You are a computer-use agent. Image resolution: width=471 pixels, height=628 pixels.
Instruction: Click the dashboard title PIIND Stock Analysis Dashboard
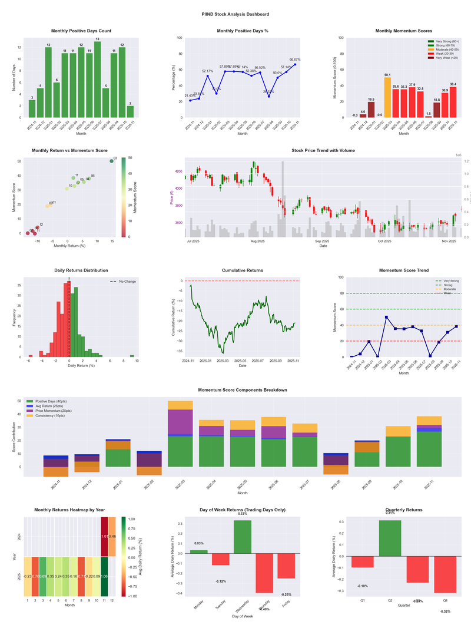[235, 14]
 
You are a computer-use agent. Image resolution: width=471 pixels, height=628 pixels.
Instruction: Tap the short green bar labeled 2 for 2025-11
[130, 111]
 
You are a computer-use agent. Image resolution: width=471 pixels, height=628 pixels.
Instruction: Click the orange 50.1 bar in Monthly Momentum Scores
[387, 97]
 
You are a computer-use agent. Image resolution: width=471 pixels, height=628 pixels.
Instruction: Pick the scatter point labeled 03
[112, 161]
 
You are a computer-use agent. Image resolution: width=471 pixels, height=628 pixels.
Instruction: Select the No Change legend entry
[123, 282]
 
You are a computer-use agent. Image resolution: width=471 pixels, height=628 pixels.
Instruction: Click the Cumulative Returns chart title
[242, 270]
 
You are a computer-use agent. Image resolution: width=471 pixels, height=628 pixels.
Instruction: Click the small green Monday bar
[198, 552]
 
